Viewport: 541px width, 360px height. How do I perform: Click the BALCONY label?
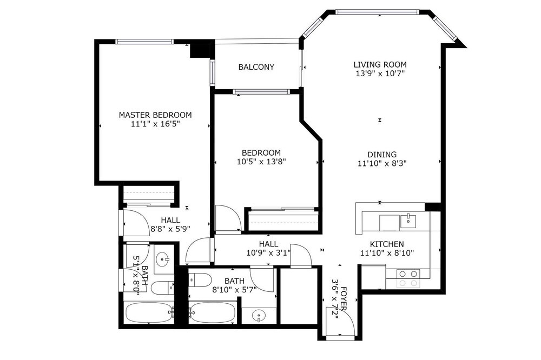coord(256,67)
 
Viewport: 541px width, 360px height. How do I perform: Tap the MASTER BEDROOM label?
coord(155,115)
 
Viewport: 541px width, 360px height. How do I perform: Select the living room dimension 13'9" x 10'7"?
coord(380,74)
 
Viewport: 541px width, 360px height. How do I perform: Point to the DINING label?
coord(381,155)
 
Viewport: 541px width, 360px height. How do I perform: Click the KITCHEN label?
coord(387,244)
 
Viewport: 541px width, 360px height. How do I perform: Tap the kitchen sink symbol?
coord(408,222)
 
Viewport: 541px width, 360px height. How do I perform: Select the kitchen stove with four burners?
coord(408,278)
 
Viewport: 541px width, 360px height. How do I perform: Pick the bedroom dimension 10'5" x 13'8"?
coord(261,162)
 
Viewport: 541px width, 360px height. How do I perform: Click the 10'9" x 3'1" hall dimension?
coord(268,253)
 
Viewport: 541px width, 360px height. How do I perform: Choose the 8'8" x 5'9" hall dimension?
coord(170,228)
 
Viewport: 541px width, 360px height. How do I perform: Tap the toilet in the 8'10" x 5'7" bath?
coord(200,279)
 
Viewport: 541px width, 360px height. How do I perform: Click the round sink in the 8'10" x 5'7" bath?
coord(259,315)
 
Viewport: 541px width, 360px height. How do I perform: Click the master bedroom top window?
coord(144,42)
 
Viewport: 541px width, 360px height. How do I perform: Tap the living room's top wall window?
coord(377,12)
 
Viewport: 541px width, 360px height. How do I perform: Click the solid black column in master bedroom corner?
coord(200,50)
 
